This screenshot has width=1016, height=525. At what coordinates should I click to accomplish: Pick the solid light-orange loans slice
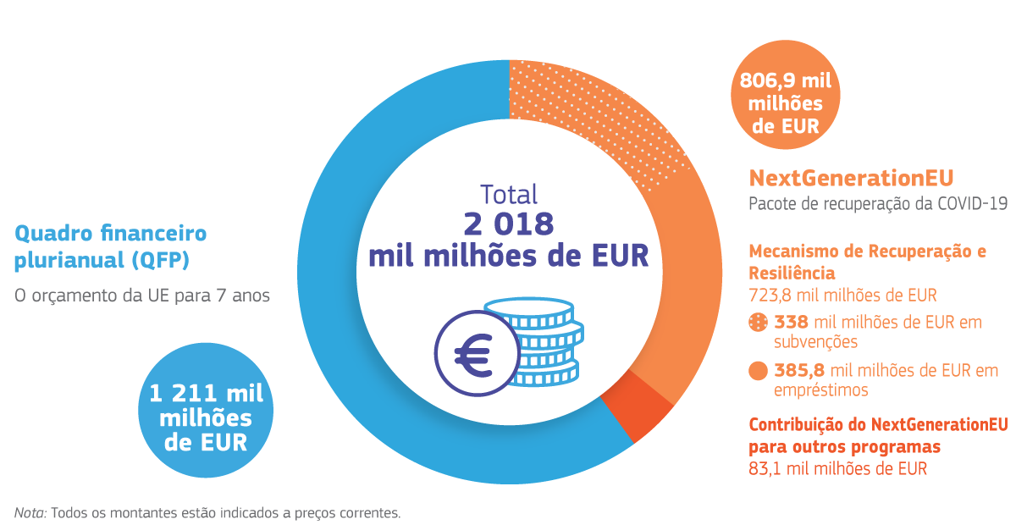pos(677,279)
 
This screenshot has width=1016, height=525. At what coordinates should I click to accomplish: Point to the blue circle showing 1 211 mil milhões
pos(206,417)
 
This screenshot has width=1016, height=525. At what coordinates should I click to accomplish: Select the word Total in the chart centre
pos(508,194)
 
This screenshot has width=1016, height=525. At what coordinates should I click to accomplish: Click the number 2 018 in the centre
pos(508,223)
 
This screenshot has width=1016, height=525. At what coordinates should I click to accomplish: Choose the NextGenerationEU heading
pos(851,178)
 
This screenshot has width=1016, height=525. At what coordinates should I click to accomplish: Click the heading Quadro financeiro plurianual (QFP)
pos(110,246)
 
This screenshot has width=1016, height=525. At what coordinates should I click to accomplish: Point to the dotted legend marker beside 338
pos(759,322)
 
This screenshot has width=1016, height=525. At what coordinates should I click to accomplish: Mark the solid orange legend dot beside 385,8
pos(759,371)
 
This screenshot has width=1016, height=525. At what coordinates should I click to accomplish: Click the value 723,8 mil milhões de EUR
pos(842,296)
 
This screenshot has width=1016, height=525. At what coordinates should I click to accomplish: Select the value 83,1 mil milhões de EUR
pos(837,468)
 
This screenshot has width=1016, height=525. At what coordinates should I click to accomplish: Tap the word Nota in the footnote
pos(30,512)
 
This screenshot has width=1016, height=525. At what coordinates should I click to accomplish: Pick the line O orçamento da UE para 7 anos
pos(142,296)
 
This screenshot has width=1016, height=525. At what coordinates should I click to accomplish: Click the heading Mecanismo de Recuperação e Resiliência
pos(867,262)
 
